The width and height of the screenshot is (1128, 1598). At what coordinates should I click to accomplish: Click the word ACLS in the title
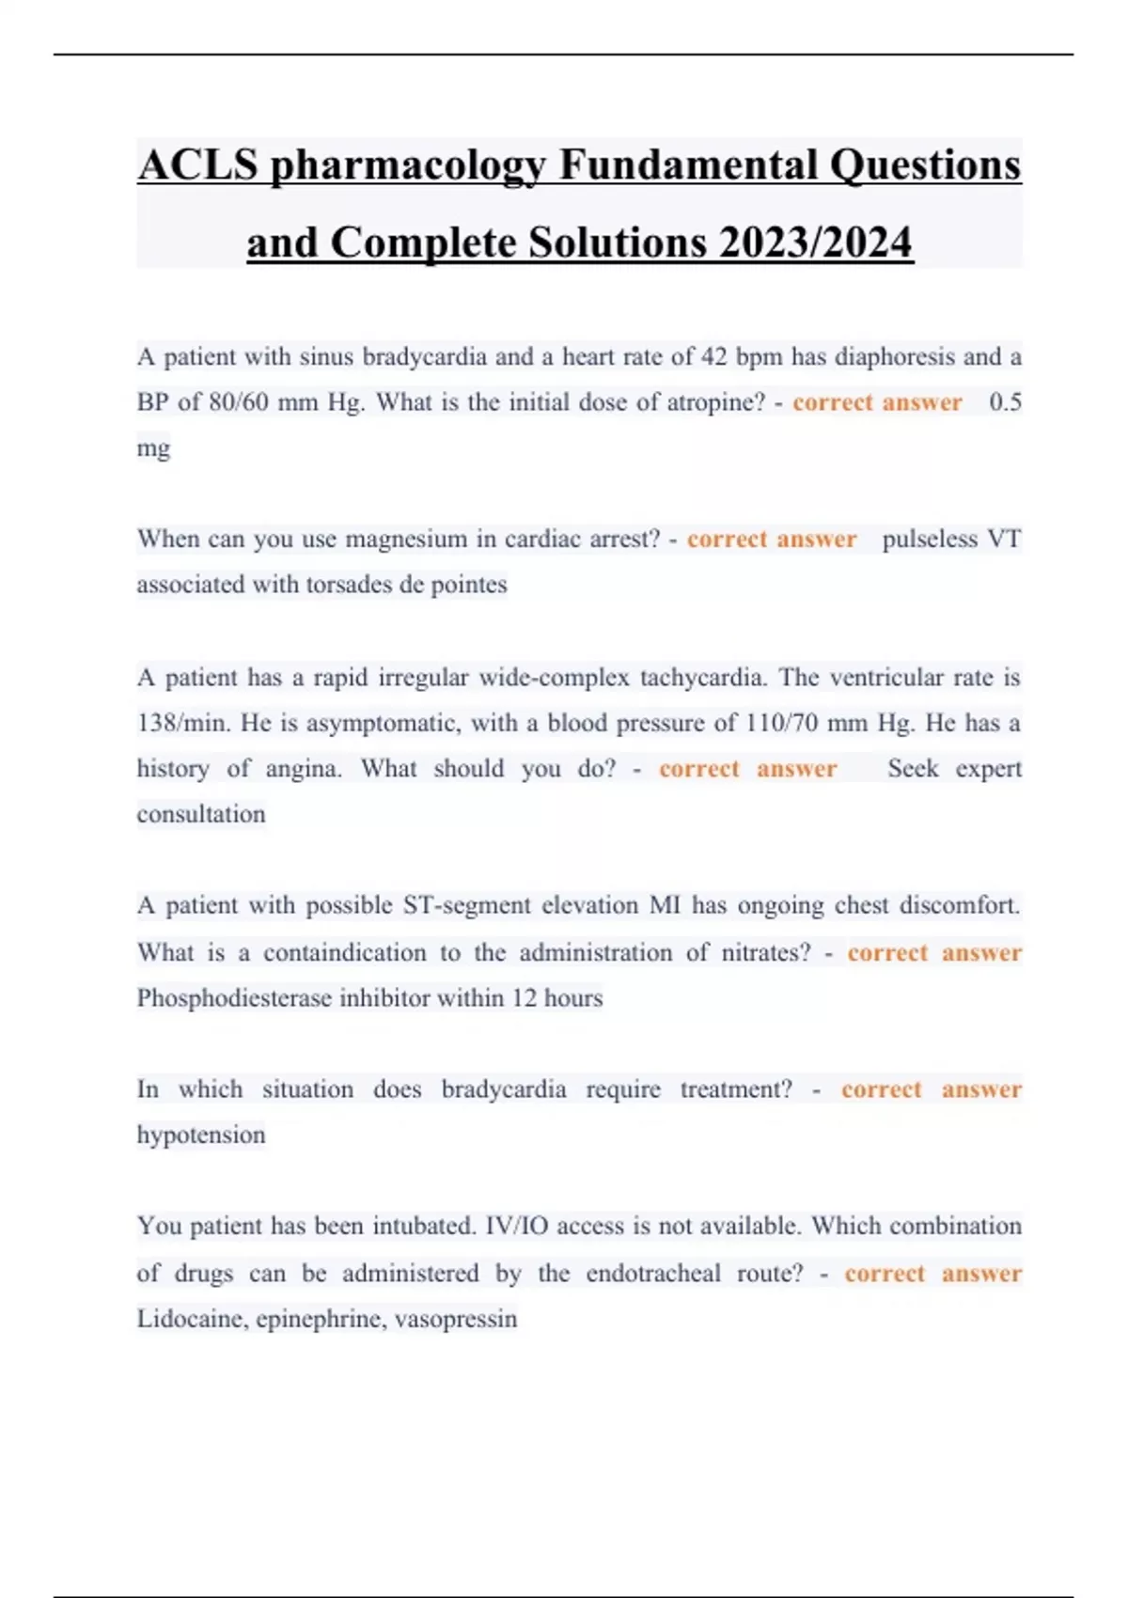pyautogui.click(x=197, y=165)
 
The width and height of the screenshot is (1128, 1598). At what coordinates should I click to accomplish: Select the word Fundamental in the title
pyautogui.click(x=688, y=165)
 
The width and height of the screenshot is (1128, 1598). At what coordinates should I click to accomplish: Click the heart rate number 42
pyautogui.click(x=713, y=357)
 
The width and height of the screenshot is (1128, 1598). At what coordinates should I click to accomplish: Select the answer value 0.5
pyautogui.click(x=1005, y=402)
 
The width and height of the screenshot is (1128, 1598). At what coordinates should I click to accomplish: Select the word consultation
pyautogui.click(x=201, y=814)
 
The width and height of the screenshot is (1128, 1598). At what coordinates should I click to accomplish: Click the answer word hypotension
pyautogui.click(x=201, y=1135)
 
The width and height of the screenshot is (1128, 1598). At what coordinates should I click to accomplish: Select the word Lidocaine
pyautogui.click(x=192, y=1318)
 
